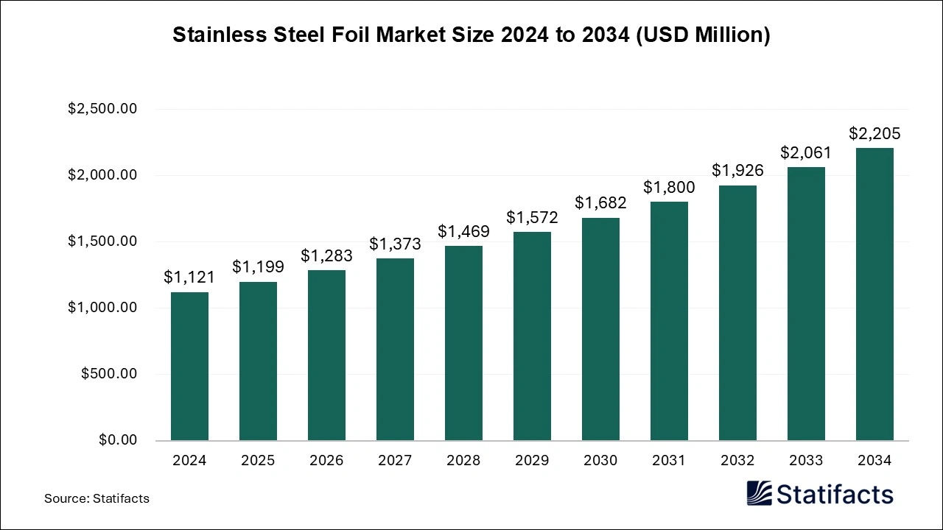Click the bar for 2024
pyautogui.click(x=189, y=367)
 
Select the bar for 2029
pyautogui.click(x=532, y=336)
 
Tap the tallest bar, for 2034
pyautogui.click(x=874, y=294)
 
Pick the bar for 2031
pyautogui.click(x=669, y=321)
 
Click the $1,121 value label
pyautogui.click(x=189, y=277)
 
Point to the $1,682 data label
pyautogui.click(x=600, y=202)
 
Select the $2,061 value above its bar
pyautogui.click(x=806, y=152)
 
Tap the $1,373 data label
pyautogui.click(x=395, y=244)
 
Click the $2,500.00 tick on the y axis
pyautogui.click(x=102, y=109)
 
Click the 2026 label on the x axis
pyautogui.click(x=326, y=461)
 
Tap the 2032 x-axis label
pyautogui.click(x=737, y=461)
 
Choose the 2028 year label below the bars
pyautogui.click(x=463, y=461)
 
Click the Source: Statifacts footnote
pyautogui.click(x=97, y=498)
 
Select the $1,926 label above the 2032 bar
pyautogui.click(x=737, y=170)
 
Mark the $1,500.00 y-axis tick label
pyautogui.click(x=102, y=241)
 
